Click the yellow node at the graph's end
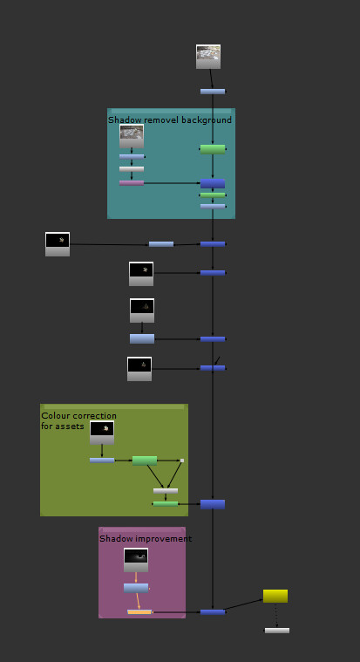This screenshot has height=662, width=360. [275, 596]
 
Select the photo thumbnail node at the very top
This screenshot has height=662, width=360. [208, 57]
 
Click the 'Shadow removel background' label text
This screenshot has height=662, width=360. [170, 119]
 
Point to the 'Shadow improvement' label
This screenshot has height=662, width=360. [146, 539]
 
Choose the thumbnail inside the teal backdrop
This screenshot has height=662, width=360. [132, 135]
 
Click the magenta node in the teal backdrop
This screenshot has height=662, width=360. [132, 183]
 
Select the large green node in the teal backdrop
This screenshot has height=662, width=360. [213, 149]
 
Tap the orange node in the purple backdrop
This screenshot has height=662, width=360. [139, 611]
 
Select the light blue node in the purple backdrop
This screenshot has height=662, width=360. [136, 588]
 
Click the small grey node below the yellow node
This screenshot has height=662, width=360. [277, 630]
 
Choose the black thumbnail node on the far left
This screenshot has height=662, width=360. [58, 243]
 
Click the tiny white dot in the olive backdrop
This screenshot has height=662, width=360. [181, 461]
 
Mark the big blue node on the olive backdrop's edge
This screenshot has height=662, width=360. [213, 504]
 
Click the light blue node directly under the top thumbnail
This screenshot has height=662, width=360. [213, 92]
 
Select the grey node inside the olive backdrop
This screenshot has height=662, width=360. [166, 491]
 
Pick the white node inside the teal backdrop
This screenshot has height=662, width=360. [132, 169]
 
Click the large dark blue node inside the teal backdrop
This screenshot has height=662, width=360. [213, 183]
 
